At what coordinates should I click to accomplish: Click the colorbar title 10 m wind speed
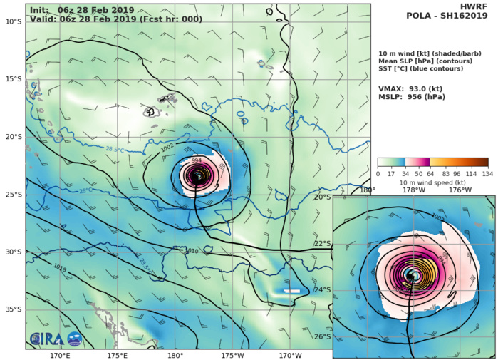tap(432, 181)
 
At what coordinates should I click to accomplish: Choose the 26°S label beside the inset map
tap(323, 336)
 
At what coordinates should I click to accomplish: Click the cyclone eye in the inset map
tap(410, 274)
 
